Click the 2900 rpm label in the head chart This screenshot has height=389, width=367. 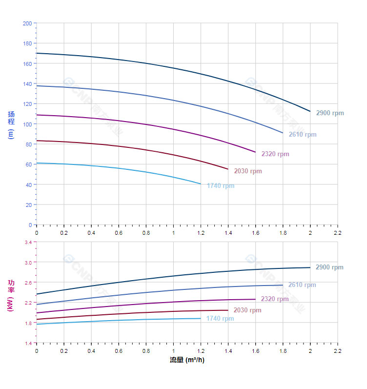(x=329, y=113)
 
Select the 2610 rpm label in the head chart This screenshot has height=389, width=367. (x=302, y=135)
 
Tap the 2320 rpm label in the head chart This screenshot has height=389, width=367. (x=275, y=154)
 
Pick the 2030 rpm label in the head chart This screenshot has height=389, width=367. (x=247, y=171)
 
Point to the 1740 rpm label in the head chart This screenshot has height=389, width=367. (x=220, y=186)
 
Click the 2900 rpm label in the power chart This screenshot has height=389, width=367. (x=329, y=267)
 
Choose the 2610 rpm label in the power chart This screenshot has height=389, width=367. (x=302, y=285)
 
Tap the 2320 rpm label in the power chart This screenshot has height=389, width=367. (x=275, y=299)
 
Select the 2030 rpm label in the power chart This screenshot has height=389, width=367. (x=247, y=310)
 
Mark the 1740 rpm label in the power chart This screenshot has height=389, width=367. (x=220, y=319)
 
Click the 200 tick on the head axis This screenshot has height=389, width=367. (x=27, y=23)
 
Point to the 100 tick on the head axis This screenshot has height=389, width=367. (x=27, y=124)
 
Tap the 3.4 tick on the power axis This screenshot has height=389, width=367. (x=27, y=242)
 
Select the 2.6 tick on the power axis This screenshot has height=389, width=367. (x=27, y=283)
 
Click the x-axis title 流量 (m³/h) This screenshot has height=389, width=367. (x=187, y=360)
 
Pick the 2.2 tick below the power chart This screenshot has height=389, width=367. (x=337, y=351)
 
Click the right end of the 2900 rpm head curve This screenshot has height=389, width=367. (x=310, y=111)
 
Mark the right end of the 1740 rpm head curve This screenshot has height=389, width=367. (x=201, y=184)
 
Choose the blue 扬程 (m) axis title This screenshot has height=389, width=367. (x=11, y=125)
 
